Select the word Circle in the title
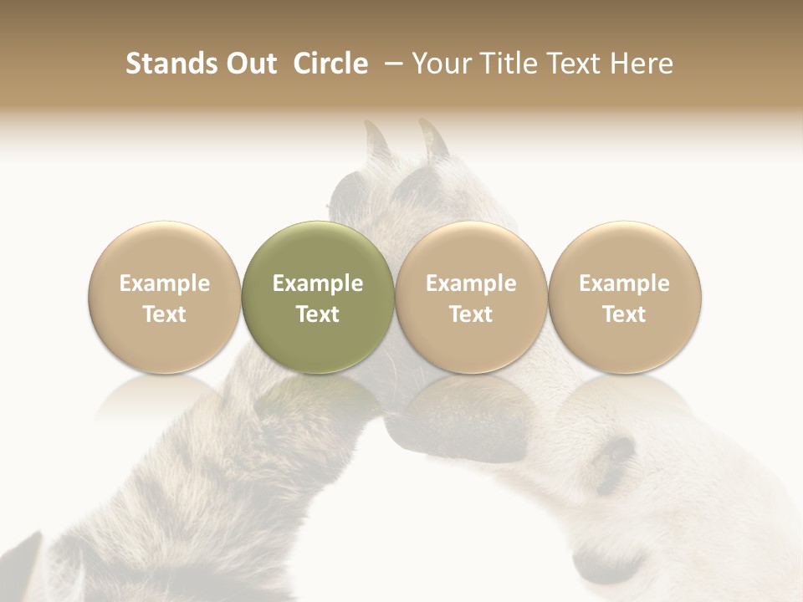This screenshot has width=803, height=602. (x=330, y=64)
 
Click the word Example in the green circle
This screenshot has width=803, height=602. (x=318, y=283)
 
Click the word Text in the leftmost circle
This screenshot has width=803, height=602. (x=165, y=314)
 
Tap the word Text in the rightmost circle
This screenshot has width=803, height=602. (x=624, y=314)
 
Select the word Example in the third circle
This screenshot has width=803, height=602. (x=471, y=283)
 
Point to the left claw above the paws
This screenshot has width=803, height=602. (x=377, y=138)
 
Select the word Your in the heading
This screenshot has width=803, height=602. (x=441, y=64)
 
